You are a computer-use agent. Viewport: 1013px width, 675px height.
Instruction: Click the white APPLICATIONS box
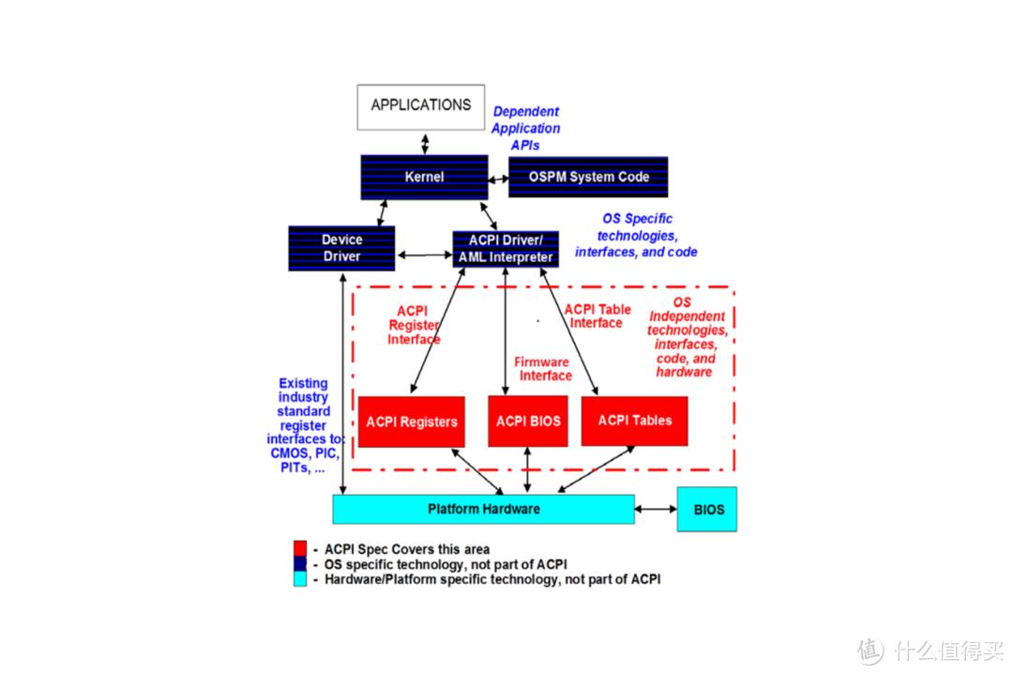[420, 106]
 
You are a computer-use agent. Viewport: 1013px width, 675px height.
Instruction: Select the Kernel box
[424, 176]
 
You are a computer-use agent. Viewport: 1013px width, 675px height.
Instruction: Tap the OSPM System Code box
[588, 176]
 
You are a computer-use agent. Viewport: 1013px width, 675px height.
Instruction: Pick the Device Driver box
[341, 248]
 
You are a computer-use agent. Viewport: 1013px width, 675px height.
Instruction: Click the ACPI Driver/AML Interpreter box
[506, 249]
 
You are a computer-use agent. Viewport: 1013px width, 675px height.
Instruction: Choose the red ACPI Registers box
[412, 422]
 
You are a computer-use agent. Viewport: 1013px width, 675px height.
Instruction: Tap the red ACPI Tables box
[635, 421]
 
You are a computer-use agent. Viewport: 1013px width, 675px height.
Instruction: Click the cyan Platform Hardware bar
[483, 509]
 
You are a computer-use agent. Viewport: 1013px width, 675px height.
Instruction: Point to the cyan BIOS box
[707, 510]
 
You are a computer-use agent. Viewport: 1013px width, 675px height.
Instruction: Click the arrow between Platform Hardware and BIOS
[656, 509]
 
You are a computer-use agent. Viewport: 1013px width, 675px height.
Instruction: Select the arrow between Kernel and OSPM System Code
[498, 176]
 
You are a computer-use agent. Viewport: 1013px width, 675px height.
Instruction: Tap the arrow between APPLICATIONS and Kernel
[425, 143]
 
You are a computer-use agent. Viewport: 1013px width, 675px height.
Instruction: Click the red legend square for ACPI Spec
[300, 548]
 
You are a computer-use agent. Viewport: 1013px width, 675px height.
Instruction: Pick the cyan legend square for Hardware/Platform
[300, 579]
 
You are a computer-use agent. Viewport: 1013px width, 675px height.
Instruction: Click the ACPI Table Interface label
[597, 316]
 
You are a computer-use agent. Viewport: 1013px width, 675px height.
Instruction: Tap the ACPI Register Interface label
[413, 325]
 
